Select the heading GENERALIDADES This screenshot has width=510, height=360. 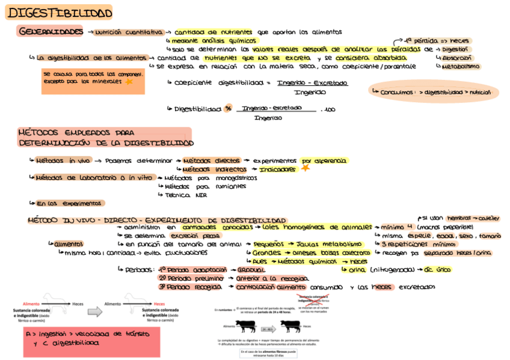(51, 31)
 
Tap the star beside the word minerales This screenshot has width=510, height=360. (129, 82)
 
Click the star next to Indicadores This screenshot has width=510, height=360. (305, 168)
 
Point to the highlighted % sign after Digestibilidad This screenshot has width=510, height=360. (228, 109)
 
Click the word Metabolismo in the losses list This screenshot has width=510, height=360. (461, 67)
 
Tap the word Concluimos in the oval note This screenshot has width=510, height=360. (396, 93)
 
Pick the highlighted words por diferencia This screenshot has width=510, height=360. (324, 160)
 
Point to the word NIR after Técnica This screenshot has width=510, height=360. (200, 195)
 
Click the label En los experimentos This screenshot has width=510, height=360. (70, 203)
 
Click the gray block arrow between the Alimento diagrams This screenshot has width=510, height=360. (95, 312)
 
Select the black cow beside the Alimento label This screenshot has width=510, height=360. (246, 326)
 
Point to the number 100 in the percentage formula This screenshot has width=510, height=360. (330, 110)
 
